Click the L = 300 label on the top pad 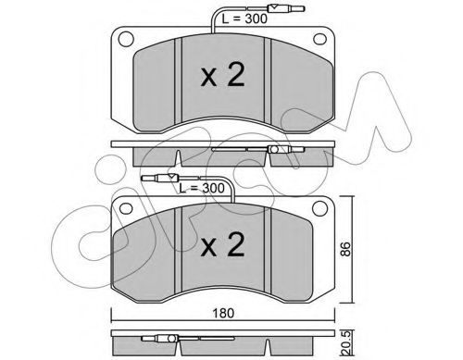(244, 19)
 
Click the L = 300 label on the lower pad (202, 188)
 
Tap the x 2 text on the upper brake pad (223, 75)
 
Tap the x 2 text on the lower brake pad (223, 244)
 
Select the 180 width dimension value (223, 313)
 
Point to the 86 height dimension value (345, 249)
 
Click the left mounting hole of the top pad (126, 39)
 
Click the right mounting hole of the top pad (319, 39)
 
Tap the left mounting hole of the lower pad (126, 208)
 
